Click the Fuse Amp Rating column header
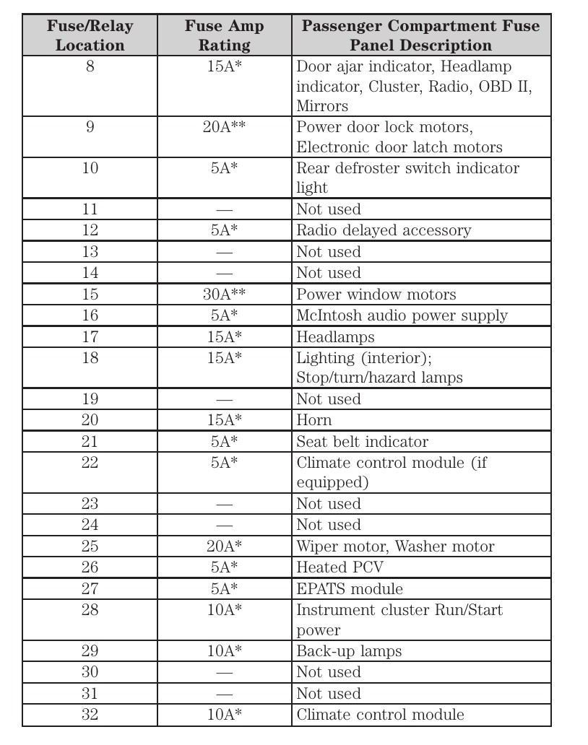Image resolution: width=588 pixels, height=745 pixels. [x=224, y=36]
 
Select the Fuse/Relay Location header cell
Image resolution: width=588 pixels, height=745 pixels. [x=90, y=36]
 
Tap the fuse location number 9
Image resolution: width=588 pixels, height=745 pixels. [x=90, y=128]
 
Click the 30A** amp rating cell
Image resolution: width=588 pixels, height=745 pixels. [x=224, y=295]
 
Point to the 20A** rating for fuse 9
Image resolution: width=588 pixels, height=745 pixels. [x=224, y=128]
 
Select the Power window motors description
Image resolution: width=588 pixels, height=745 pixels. [x=376, y=295]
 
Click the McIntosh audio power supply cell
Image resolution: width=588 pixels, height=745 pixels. [x=402, y=315]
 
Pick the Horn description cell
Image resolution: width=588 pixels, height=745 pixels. [x=314, y=420]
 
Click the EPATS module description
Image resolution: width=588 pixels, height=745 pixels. [x=350, y=589]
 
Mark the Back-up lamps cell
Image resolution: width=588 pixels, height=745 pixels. [x=349, y=651]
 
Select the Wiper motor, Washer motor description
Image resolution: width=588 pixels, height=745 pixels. [x=395, y=546]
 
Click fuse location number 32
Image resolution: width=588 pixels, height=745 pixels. [x=90, y=715]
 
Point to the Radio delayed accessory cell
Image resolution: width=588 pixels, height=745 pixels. [x=384, y=230]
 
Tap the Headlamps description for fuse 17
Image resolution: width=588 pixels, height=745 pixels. [x=335, y=337]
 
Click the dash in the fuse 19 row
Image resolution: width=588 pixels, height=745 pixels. [x=224, y=399]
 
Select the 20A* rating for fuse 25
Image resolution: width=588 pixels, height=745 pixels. [x=224, y=546]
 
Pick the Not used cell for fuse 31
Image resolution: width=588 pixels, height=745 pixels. [x=329, y=694]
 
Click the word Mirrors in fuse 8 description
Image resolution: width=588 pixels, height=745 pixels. [x=322, y=106]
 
